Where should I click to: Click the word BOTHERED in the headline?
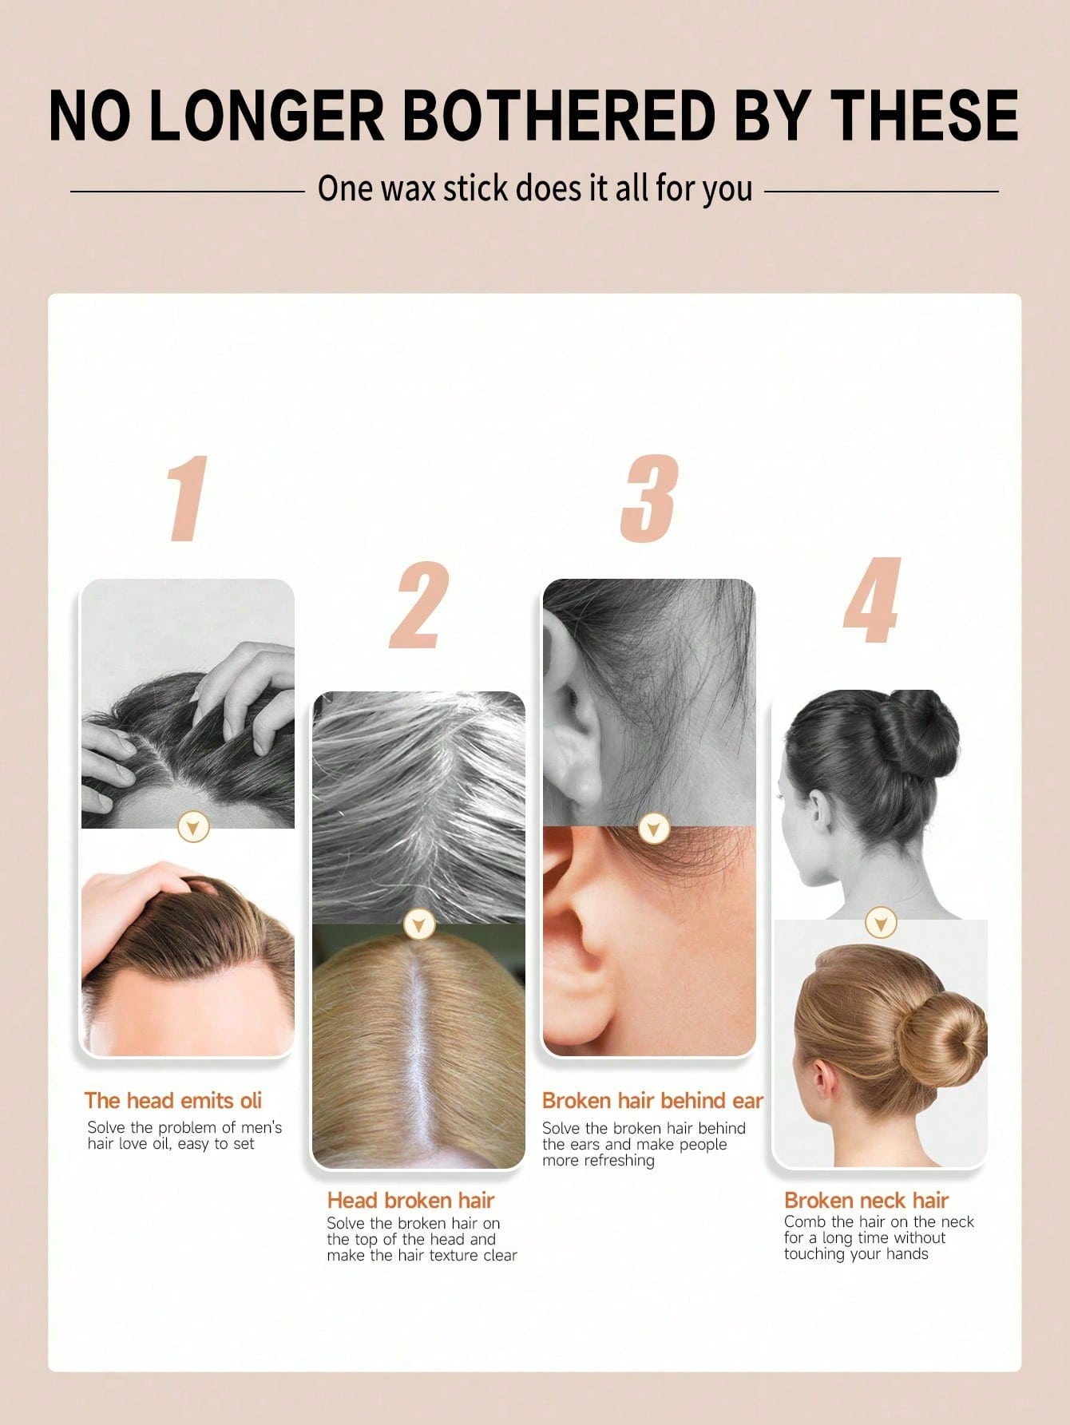pyautogui.click(x=559, y=116)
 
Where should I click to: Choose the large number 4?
pyautogui.click(x=872, y=600)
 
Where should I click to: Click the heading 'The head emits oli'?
pyautogui.click(x=173, y=1101)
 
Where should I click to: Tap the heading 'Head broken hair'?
pyautogui.click(x=410, y=1201)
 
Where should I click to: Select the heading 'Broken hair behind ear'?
pyautogui.click(x=652, y=1101)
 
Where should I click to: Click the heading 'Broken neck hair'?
pyautogui.click(x=866, y=1201)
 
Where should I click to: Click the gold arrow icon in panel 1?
pyautogui.click(x=193, y=827)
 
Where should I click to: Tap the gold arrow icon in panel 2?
pyautogui.click(x=418, y=924)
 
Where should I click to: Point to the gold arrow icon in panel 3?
pyautogui.click(x=654, y=829)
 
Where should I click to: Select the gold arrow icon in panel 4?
pyautogui.click(x=880, y=923)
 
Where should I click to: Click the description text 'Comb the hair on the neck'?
pyautogui.click(x=879, y=1221)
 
